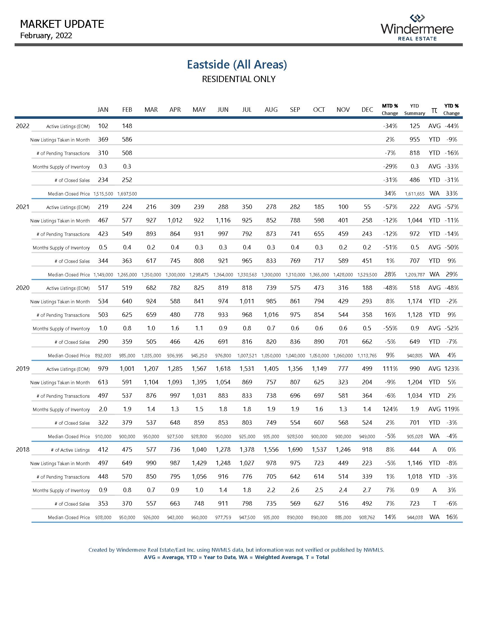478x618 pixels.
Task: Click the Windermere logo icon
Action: tap(417, 18)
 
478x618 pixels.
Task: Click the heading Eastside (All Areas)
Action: tap(237, 65)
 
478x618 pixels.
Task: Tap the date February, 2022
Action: tap(46, 35)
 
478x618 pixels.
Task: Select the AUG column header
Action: tap(271, 110)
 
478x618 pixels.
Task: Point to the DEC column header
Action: tap(367, 110)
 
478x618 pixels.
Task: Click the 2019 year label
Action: tap(23, 369)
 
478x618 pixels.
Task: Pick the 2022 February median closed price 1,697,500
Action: tap(127, 194)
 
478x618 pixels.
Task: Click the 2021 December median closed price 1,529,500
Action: tap(367, 275)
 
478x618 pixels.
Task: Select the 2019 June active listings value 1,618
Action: tap(223, 369)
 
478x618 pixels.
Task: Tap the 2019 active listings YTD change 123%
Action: tap(452, 369)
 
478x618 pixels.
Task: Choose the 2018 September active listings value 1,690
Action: tap(295, 449)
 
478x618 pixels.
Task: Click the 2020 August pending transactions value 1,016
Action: tap(271, 315)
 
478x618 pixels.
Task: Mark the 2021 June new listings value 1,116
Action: tap(223, 220)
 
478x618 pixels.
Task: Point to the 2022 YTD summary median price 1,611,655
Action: tap(414, 194)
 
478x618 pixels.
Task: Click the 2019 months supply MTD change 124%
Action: tap(390, 409)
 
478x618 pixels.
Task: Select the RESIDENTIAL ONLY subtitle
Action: tap(238, 79)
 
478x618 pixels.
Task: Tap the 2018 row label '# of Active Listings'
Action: tap(70, 450)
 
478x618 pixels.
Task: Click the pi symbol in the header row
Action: tap(434, 110)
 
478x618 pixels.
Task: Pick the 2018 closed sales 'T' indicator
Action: tap(434, 503)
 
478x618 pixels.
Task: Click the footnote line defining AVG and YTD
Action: tap(236, 557)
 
